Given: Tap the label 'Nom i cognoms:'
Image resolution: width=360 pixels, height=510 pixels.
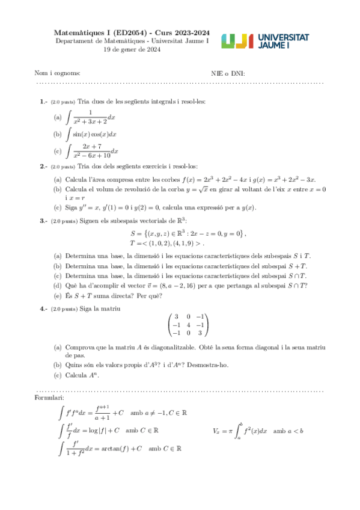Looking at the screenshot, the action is (57, 73).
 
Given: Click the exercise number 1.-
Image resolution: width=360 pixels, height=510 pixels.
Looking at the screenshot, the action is (44, 102).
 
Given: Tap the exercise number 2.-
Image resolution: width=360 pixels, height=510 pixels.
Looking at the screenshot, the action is (44, 166).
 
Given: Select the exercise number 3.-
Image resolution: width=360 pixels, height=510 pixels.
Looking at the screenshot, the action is (44, 221).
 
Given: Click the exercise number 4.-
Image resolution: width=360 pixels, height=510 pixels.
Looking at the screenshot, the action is (44, 309).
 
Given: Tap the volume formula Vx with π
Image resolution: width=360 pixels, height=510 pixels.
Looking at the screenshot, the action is (257, 431).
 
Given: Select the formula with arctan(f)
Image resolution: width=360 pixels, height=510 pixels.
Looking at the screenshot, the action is (121, 448).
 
